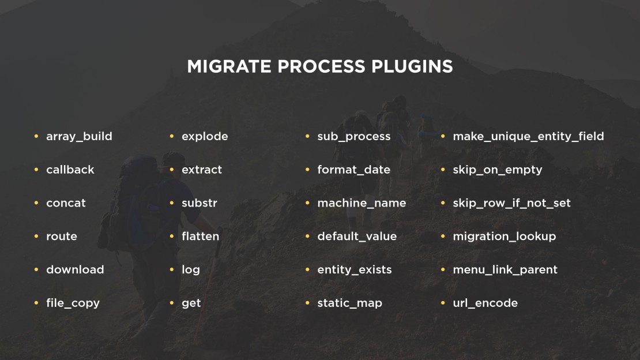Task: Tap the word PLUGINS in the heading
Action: tap(412, 66)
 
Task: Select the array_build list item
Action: tap(79, 137)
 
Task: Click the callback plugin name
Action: tap(70, 170)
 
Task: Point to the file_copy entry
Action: tap(73, 303)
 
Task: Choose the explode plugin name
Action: tap(205, 137)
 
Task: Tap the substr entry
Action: tap(199, 203)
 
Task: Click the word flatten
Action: tap(201, 236)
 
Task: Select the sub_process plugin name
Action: tap(354, 137)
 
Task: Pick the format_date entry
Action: tap(354, 170)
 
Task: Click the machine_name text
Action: tap(362, 203)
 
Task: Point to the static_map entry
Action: tap(350, 303)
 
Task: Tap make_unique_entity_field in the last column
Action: tap(529, 137)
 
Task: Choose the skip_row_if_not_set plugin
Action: tap(512, 203)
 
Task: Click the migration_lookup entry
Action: tap(505, 237)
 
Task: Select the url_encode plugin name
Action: tap(485, 303)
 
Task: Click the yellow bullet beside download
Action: tap(36, 269)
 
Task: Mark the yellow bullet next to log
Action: tap(172, 269)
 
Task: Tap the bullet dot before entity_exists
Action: tap(307, 269)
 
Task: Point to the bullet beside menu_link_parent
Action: tap(443, 269)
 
